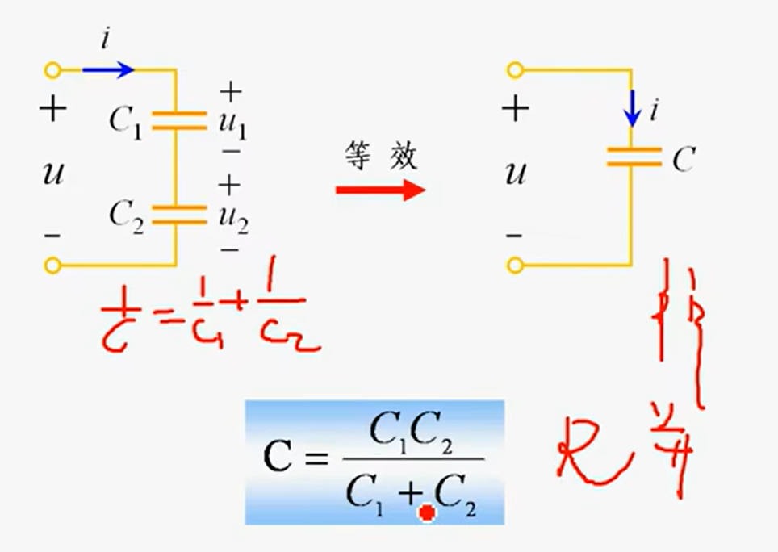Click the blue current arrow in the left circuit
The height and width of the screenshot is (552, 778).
point(108,70)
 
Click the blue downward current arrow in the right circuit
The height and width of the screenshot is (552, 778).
point(633,107)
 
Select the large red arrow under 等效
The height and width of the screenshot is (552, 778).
point(380,190)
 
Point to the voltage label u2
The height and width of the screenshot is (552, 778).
point(232,216)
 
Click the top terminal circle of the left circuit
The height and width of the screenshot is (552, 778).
point(52,70)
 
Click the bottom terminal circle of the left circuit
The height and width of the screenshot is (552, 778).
point(52,264)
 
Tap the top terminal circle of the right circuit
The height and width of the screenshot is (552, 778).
point(515,70)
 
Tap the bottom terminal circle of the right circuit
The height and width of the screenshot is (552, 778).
point(515,264)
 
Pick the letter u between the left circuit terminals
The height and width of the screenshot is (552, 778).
point(53,172)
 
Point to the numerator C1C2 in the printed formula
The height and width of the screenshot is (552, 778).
point(411,437)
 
